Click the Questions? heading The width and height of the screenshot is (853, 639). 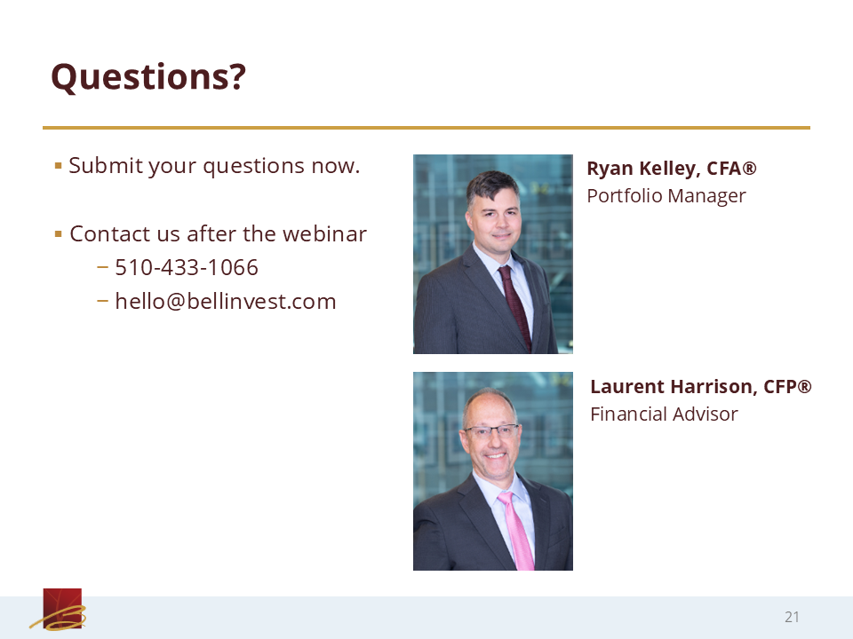148,77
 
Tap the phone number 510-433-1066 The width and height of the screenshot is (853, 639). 187,267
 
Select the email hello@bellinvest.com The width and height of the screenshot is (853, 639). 226,302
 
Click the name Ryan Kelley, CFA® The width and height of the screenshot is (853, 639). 672,169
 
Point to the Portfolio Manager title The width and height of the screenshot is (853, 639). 666,196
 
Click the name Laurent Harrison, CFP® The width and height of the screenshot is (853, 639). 701,386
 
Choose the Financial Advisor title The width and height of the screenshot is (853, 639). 665,414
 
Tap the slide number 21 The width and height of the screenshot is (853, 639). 792,617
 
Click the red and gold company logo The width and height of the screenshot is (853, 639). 59,610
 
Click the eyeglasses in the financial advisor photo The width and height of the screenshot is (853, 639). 491,432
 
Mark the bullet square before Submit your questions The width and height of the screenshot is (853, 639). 59,166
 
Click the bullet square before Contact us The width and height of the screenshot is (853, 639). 59,234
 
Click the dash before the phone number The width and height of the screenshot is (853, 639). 102,267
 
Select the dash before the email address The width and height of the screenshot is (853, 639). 102,301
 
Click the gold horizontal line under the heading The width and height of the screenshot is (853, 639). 426,128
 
